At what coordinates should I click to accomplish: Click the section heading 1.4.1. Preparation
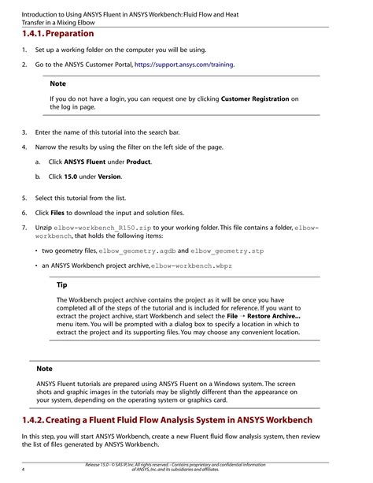58,34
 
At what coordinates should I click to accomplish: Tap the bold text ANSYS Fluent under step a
90,162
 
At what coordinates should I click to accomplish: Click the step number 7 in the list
24,227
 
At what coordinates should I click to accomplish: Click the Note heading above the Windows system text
45,369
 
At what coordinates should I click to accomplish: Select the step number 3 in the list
24,132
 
